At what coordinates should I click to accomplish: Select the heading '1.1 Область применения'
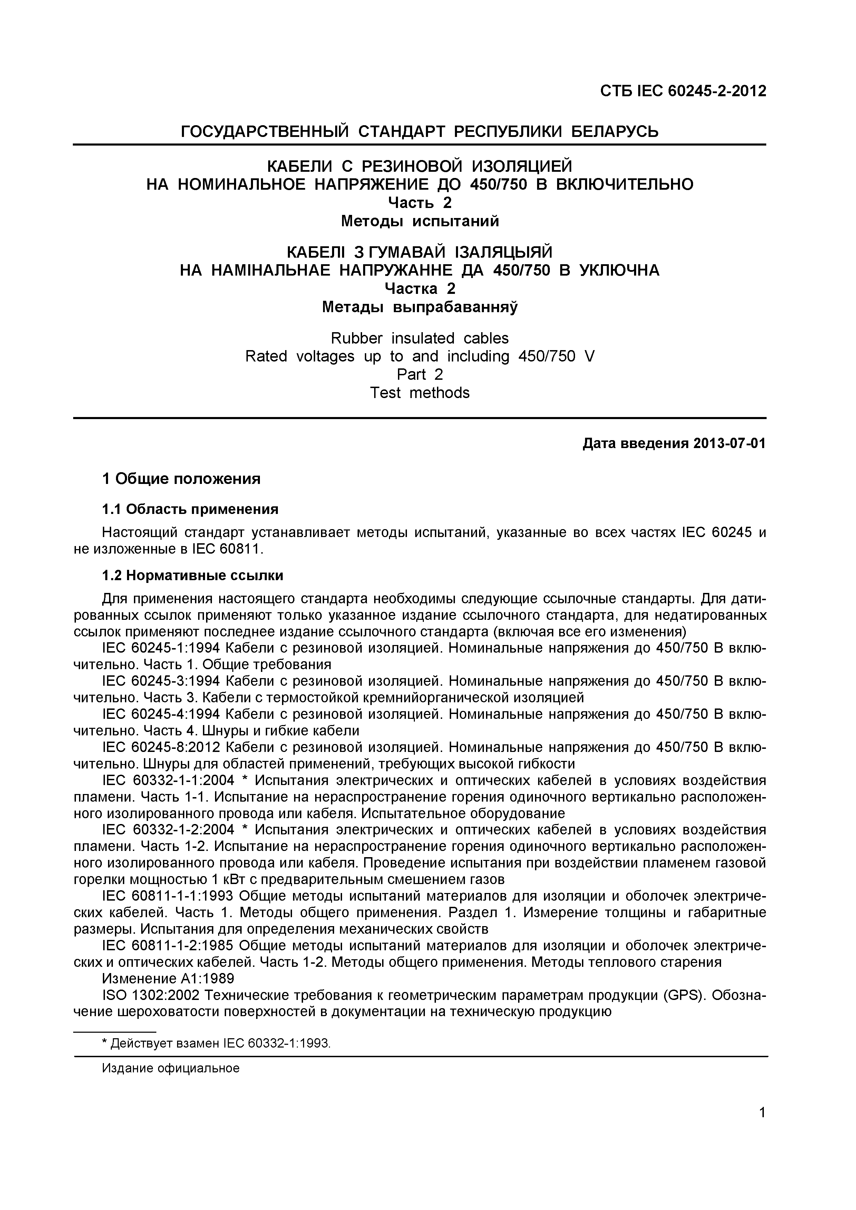(x=190, y=509)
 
